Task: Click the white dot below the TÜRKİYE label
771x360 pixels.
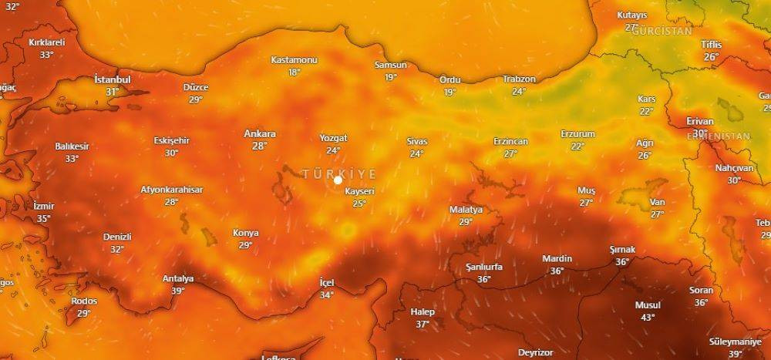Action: (x=338, y=180)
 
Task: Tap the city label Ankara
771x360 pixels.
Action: (x=260, y=133)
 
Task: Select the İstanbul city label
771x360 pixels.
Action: (x=113, y=79)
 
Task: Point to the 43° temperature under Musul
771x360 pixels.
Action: (x=648, y=317)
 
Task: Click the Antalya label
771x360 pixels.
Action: (x=178, y=278)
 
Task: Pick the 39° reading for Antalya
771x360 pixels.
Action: (x=178, y=291)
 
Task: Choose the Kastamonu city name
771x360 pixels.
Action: (x=294, y=60)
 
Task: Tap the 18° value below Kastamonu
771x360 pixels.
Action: (x=294, y=72)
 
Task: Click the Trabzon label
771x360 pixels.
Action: (x=519, y=79)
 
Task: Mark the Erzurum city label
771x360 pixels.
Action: (x=577, y=134)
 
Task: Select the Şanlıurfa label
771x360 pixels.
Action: (x=484, y=267)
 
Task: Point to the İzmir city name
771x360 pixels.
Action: (x=44, y=207)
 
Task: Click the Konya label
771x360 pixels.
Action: (x=246, y=233)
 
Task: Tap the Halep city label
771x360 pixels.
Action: (x=423, y=312)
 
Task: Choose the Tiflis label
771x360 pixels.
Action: (x=711, y=44)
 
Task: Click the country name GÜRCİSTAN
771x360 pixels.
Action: (x=660, y=32)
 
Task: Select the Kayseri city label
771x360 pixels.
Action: (x=359, y=191)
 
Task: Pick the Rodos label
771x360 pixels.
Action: (x=83, y=301)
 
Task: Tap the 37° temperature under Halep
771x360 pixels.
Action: (x=423, y=325)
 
